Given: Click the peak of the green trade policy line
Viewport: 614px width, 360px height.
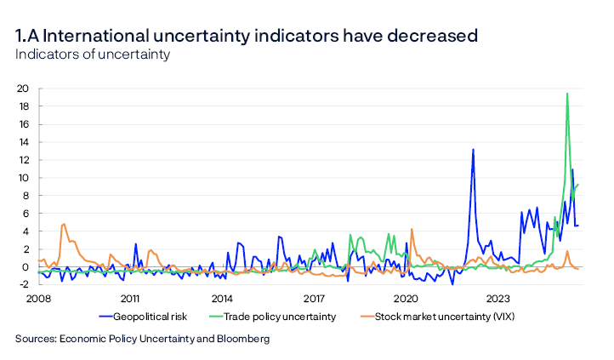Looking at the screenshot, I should click(x=567, y=94).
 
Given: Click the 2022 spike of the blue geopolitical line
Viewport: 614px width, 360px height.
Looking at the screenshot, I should click(x=473, y=150).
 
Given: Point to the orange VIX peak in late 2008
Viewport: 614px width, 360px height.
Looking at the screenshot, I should click(x=64, y=225).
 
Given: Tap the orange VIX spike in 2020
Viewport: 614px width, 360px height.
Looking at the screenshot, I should click(x=412, y=229).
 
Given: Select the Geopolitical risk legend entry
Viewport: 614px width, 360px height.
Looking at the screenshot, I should click(x=149, y=316).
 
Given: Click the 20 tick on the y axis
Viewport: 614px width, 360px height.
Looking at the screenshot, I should click(x=23, y=89).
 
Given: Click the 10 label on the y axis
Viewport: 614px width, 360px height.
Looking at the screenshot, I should click(x=23, y=178).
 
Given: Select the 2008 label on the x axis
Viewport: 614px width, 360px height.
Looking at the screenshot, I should click(x=37, y=299).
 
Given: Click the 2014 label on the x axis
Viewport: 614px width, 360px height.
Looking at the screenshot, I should click(x=222, y=299).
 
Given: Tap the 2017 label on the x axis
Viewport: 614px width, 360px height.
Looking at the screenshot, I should click(x=315, y=299).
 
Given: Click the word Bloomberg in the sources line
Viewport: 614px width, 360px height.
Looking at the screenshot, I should click(x=242, y=339).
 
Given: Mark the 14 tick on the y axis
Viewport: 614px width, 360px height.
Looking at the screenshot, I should click(x=23, y=142).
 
